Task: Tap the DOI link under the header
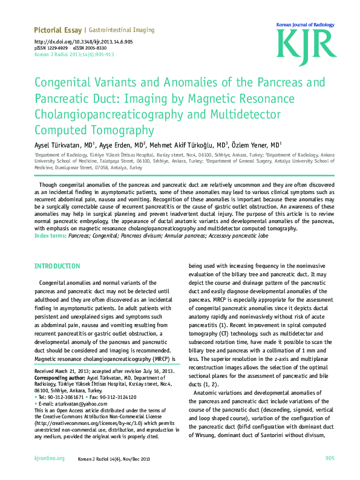pos(83,42)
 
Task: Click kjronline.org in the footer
pos(50,459)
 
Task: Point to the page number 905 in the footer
pos(330,459)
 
